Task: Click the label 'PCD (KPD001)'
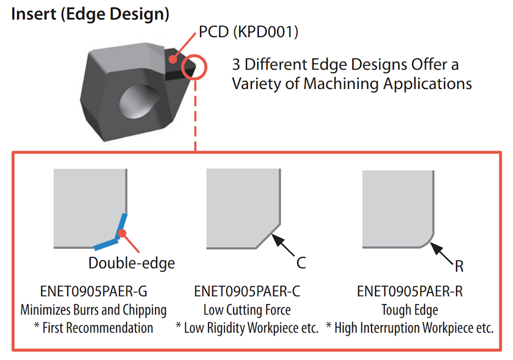tap(249, 33)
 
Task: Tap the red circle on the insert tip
tap(194, 67)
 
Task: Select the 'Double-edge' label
tap(132, 263)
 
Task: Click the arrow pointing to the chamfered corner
tap(283, 244)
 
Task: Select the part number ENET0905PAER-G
tap(93, 292)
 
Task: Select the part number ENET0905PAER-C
tap(247, 292)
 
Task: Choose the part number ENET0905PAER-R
tap(410, 292)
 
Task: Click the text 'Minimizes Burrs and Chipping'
tap(93, 310)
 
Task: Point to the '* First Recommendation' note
tap(93, 328)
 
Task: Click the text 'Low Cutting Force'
tap(247, 310)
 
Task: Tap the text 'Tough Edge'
tap(410, 310)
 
